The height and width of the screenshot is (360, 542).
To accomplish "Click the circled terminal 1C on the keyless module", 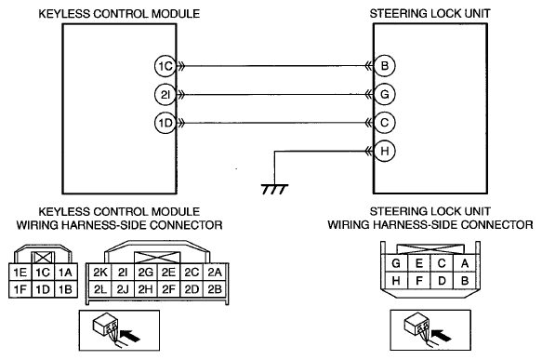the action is [165, 66].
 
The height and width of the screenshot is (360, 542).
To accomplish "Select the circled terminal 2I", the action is [165, 94].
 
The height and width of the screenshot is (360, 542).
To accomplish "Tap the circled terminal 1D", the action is [165, 123].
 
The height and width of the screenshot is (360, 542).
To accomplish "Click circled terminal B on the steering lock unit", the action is [384, 66].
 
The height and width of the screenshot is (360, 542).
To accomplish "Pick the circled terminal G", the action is [384, 94].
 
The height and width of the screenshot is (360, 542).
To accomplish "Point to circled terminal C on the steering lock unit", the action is [384, 123].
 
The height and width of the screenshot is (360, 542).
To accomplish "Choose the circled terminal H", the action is [384, 151].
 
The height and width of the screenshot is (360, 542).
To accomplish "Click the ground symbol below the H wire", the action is [274, 189].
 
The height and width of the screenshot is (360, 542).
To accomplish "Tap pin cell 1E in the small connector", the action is [20, 273].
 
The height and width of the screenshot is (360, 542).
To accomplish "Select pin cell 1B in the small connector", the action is [66, 289].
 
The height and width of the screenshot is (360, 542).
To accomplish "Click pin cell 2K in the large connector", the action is [100, 273].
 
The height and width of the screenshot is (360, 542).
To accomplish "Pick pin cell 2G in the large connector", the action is [146, 273].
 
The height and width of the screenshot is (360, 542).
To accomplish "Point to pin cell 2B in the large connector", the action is [215, 288].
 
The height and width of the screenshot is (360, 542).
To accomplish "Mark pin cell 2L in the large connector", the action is [100, 288].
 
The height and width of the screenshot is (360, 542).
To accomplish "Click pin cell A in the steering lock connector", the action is [465, 263].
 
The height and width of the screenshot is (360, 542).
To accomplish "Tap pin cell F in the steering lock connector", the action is [419, 280].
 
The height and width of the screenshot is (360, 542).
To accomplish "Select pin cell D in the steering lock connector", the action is [442, 280].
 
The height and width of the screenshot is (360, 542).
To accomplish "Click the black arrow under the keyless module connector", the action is [130, 335].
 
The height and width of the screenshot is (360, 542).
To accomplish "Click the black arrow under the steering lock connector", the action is [442, 335].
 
